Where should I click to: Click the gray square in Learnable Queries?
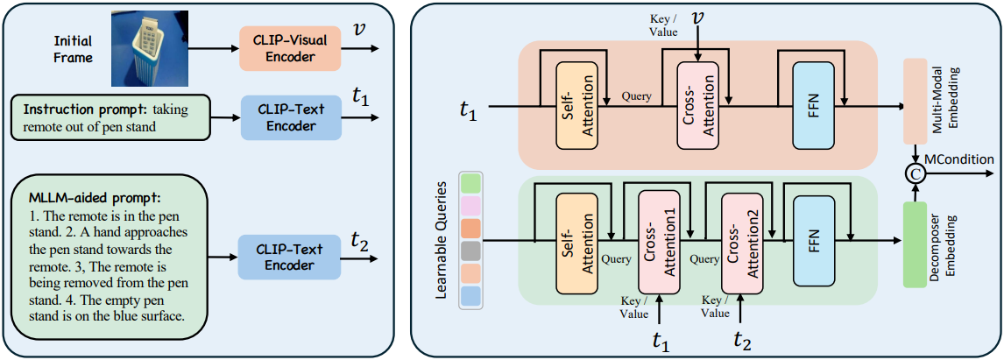click(470, 251)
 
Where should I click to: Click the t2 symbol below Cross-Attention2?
click(741, 340)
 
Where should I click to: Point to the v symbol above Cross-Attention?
click(698, 18)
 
